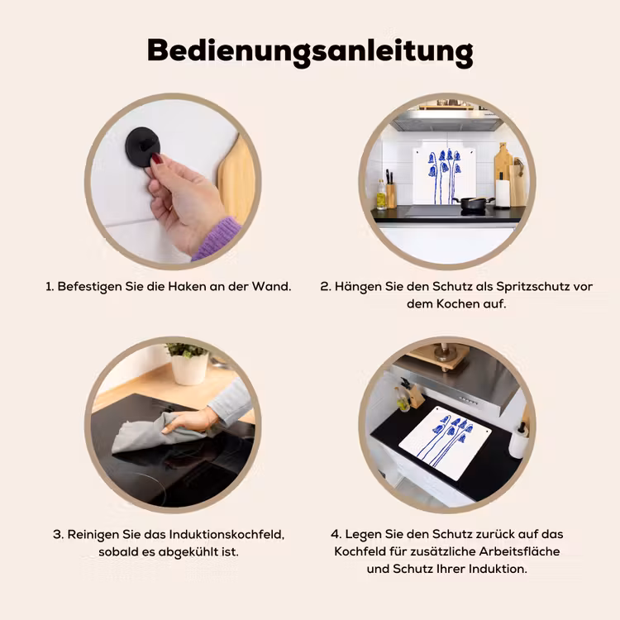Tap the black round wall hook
[x=142, y=146]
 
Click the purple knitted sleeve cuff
[x=217, y=239]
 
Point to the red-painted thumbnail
[x=157, y=160]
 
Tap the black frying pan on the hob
[x=474, y=203]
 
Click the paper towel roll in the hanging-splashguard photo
[x=503, y=193]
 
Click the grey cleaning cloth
[x=158, y=432]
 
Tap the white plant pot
[x=189, y=369]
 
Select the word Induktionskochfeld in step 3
[x=227, y=535]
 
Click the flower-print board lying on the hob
[x=445, y=442]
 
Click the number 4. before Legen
[x=336, y=534]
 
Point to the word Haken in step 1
[x=187, y=286]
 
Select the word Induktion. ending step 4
[x=498, y=569]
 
